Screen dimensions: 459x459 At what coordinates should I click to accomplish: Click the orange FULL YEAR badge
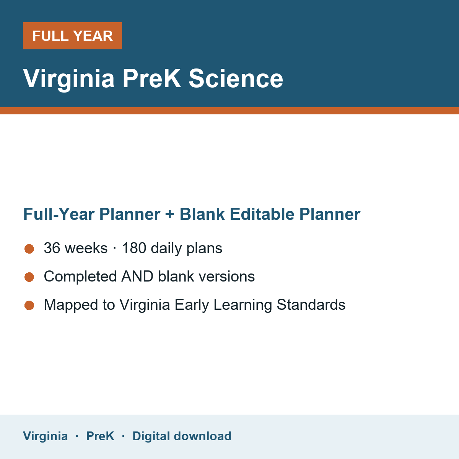[x=72, y=36]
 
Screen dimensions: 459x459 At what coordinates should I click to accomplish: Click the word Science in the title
[x=236, y=78]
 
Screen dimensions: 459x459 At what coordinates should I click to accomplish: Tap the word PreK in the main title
[x=152, y=78]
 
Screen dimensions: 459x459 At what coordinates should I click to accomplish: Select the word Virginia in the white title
[x=68, y=79]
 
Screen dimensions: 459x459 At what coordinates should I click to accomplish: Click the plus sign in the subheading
[x=170, y=214]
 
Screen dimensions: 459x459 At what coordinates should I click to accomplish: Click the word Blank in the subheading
[x=202, y=214]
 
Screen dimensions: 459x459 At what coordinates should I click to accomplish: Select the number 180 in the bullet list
[x=134, y=248]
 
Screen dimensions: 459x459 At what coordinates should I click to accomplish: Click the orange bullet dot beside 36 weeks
[x=29, y=249]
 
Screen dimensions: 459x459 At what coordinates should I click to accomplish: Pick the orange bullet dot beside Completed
[x=29, y=277]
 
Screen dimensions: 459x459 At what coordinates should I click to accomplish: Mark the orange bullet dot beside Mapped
[x=29, y=305]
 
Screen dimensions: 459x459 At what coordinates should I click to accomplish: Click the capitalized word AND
[x=137, y=276]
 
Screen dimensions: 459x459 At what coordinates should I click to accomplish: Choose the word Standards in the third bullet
[x=311, y=304]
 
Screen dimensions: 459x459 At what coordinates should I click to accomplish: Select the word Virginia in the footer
[x=45, y=436]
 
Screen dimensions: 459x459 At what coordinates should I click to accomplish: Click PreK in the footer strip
[x=100, y=436]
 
